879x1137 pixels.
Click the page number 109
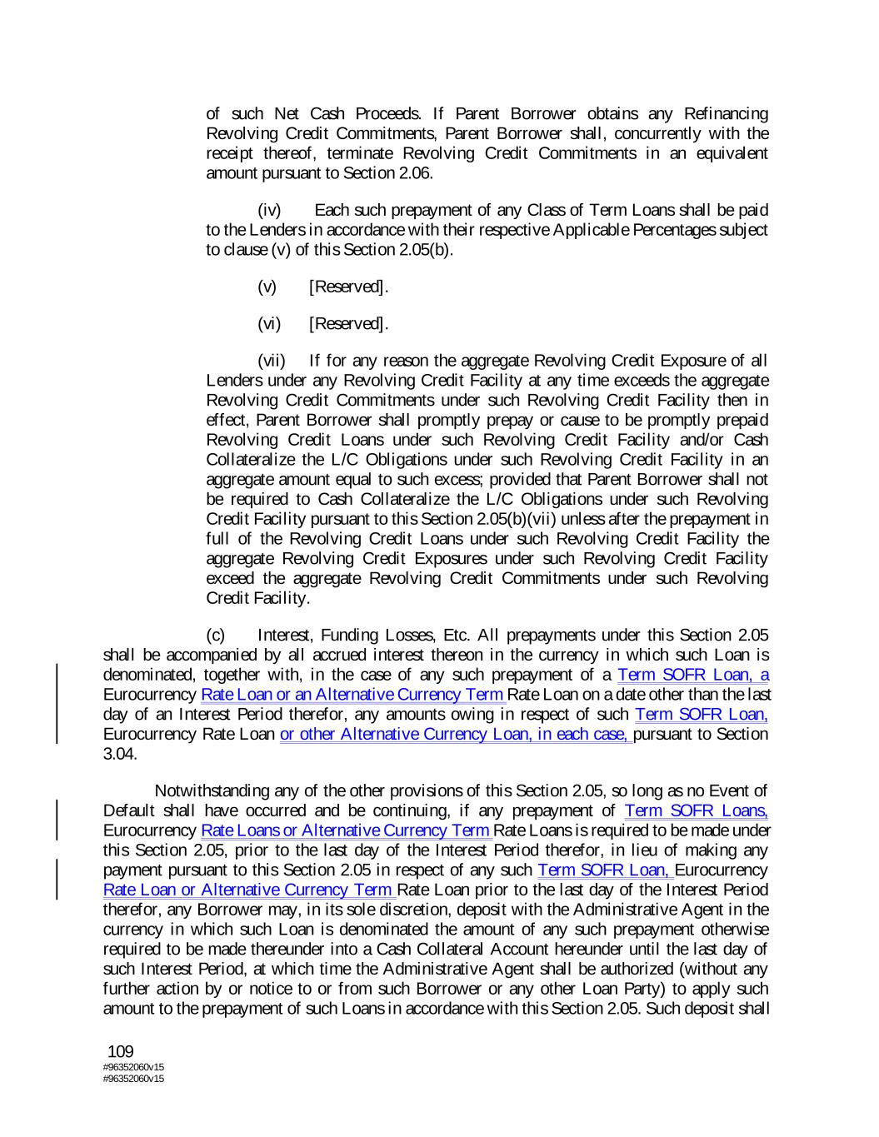pyautogui.click(x=121, y=1052)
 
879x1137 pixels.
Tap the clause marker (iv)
pyautogui.click(x=269, y=210)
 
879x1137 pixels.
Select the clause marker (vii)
pyautogui.click(x=272, y=361)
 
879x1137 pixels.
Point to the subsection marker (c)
pyautogui.click(x=216, y=636)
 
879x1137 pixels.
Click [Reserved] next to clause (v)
pyautogui.click(x=348, y=287)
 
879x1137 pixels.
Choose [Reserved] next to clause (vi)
pyautogui.click(x=348, y=324)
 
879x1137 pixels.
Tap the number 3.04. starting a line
pyautogui.click(x=120, y=754)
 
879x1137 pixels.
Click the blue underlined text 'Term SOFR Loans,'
pyautogui.click(x=696, y=810)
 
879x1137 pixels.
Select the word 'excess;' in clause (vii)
pyautogui.click(x=460, y=480)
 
